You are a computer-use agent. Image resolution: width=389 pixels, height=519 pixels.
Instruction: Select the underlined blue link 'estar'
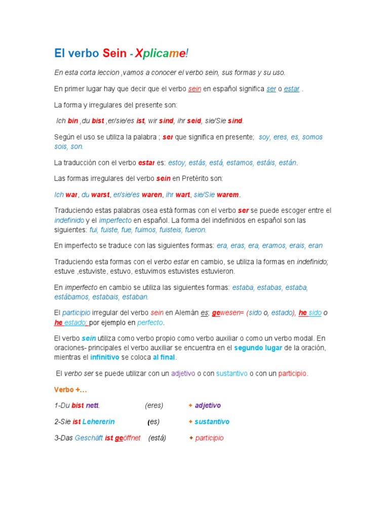click(x=292, y=89)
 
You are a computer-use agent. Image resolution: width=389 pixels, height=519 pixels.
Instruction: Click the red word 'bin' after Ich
click(x=73, y=121)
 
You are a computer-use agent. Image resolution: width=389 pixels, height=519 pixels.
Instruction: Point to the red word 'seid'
click(x=194, y=121)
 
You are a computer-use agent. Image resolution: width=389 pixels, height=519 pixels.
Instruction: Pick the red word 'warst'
click(x=100, y=195)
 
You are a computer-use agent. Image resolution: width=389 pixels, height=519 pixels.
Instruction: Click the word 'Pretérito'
click(x=203, y=178)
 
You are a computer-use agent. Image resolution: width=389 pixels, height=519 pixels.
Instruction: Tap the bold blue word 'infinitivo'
click(x=105, y=357)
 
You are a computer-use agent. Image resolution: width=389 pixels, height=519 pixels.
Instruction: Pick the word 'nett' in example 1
click(x=92, y=405)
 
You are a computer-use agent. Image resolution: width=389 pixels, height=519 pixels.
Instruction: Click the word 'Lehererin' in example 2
click(x=99, y=422)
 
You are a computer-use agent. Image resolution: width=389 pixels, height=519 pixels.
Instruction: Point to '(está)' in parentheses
click(x=157, y=438)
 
